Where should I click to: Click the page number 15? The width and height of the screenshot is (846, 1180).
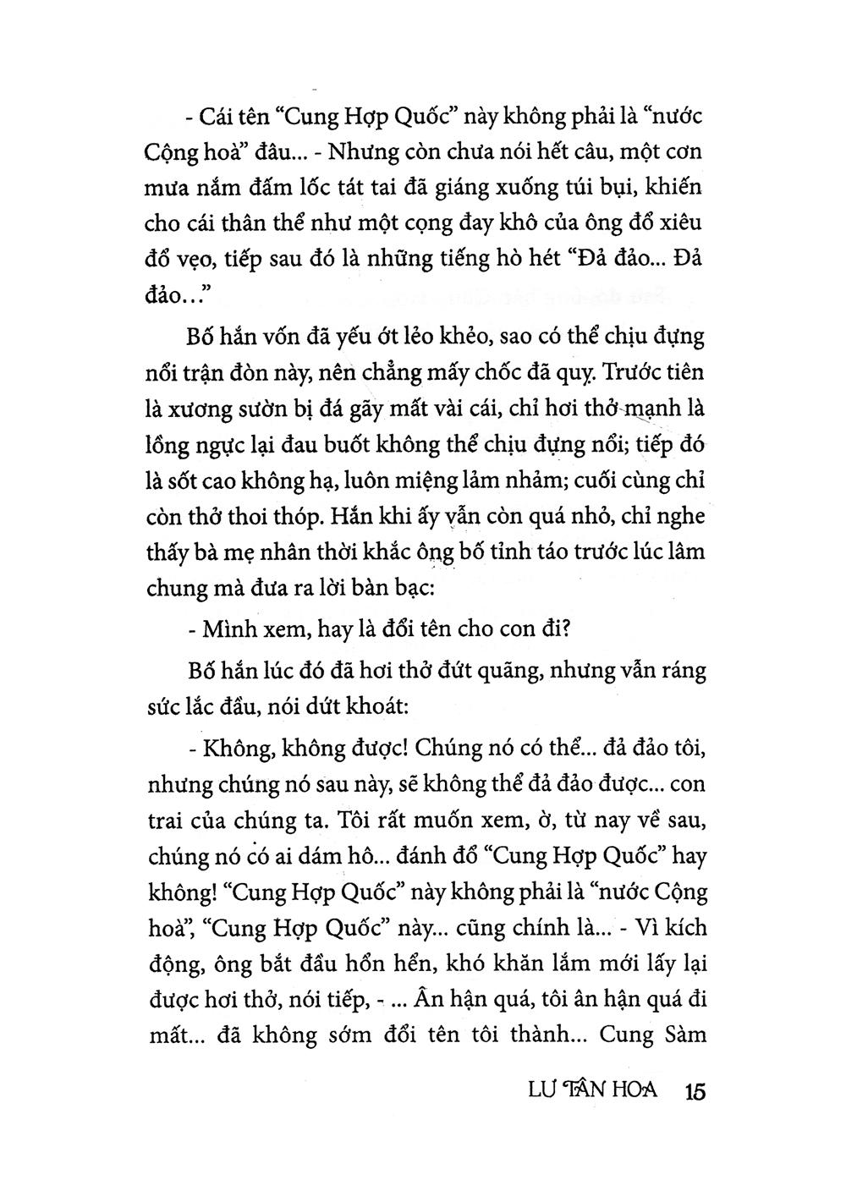[x=691, y=1090]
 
